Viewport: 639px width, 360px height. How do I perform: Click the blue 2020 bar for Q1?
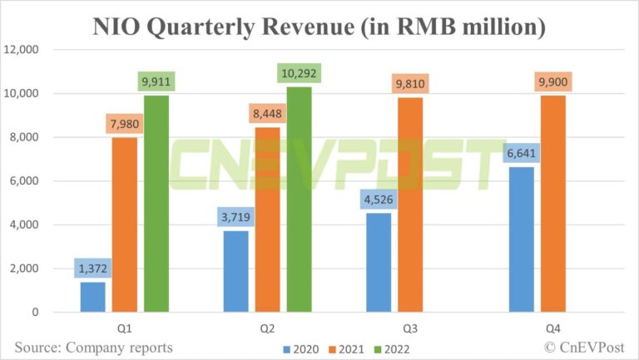click(x=92, y=297)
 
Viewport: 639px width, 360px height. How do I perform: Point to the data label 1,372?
click(x=92, y=268)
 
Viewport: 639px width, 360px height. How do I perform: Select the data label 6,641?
click(x=522, y=153)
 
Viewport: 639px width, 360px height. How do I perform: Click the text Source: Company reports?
click(x=93, y=346)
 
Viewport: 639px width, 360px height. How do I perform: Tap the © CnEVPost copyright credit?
click(x=584, y=346)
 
